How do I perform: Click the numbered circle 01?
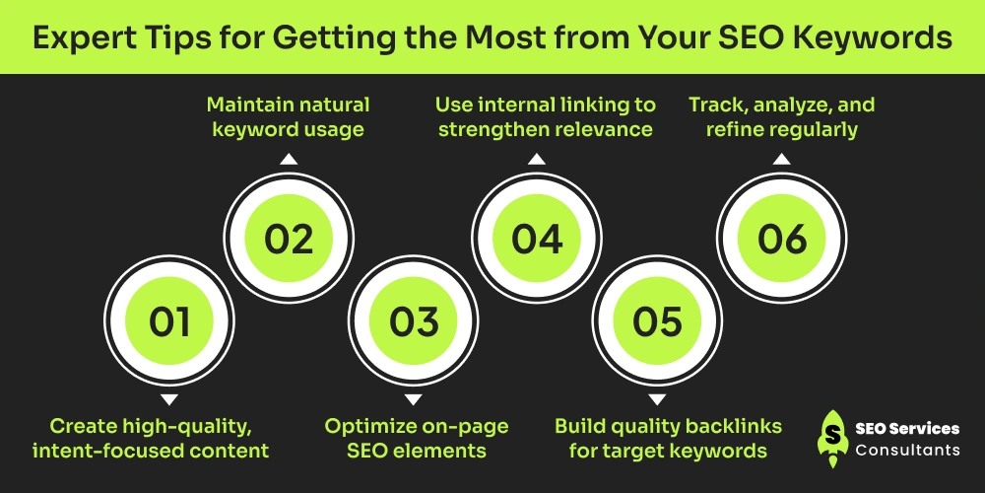169,320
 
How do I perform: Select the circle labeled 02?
289,239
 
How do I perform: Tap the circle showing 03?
413,320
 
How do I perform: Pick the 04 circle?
536,239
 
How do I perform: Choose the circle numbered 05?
657,320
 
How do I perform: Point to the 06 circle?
781,239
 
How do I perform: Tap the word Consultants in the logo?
907,450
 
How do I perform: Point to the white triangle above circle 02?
289,159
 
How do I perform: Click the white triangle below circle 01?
169,400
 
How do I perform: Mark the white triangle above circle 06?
781,159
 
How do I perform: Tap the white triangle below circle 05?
657,400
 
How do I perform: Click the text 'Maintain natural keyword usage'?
289,117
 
